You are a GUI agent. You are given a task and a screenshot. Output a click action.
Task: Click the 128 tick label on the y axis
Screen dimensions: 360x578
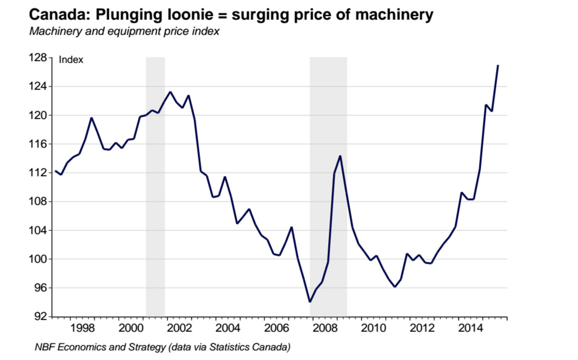(39, 58)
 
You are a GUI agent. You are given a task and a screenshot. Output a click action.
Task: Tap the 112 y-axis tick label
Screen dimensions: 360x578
(39, 173)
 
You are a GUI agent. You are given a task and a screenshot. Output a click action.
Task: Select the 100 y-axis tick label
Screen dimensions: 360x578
(39, 259)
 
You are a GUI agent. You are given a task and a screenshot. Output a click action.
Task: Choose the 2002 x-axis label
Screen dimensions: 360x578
(179, 328)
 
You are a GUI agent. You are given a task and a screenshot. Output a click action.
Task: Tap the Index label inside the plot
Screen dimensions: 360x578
(71, 60)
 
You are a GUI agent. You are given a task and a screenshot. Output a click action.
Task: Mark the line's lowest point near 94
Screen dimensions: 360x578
(310, 302)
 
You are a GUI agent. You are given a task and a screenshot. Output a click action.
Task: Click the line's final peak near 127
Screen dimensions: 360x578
(497, 66)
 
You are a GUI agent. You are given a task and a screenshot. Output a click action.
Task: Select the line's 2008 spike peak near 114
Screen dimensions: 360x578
(340, 156)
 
